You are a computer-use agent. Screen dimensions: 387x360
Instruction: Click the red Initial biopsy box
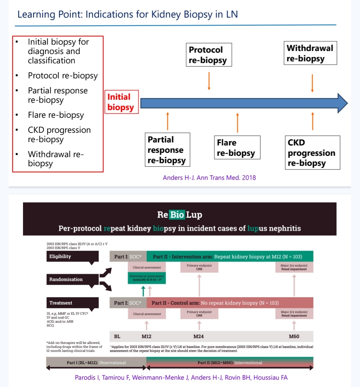coord(121,102)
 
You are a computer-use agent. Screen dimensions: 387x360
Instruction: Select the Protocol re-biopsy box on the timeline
coord(208,55)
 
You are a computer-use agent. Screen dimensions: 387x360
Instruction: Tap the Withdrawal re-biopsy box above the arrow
coord(310,53)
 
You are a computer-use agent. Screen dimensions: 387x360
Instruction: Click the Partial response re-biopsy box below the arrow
coord(167,150)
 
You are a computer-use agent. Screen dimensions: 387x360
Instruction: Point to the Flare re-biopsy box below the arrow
coord(237,148)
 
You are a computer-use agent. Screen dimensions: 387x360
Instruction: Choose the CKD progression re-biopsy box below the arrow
coord(312,152)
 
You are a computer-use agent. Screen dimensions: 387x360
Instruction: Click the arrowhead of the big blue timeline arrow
coord(342,103)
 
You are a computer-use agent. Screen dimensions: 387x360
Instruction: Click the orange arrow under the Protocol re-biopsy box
coord(209,81)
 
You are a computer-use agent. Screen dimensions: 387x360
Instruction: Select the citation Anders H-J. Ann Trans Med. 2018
coord(209,177)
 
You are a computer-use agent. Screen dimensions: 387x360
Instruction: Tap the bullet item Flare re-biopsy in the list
coord(56,115)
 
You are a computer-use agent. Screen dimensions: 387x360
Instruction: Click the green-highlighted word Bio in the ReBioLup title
coord(177,215)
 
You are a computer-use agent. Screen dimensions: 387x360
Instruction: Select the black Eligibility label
coord(72,256)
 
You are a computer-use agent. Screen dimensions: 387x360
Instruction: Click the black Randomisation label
coord(72,279)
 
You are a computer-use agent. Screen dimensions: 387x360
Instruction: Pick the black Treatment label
coord(72,303)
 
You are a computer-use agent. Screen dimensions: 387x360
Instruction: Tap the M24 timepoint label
coord(199,336)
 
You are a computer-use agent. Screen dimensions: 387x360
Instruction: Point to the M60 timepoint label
coord(294,336)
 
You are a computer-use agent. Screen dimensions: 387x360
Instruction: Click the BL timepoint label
coord(117,336)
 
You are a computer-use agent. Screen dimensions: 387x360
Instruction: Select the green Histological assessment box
coord(147,278)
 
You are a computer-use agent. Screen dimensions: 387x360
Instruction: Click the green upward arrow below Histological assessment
coord(143,291)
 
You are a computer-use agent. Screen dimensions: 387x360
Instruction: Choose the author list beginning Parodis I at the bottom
coord(181,378)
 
